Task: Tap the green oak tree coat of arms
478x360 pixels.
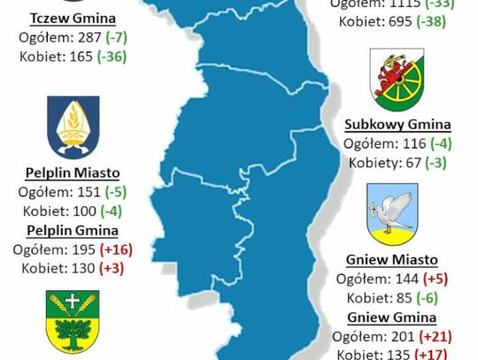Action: coord(73,324)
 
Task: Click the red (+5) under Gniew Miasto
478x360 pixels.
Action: coord(437,280)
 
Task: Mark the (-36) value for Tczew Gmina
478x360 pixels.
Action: coord(117,57)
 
